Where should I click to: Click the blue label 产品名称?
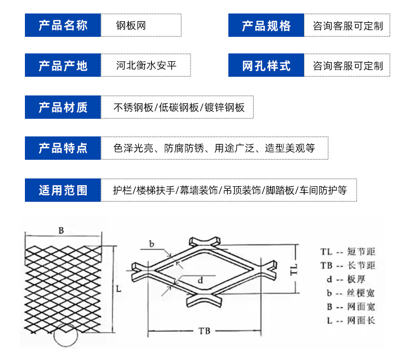point(63,25)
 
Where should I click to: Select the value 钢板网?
point(131,25)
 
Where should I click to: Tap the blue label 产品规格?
point(266,25)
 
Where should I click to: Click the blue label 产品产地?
point(63,66)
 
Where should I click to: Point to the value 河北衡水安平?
point(147,66)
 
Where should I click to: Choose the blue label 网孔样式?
point(266,66)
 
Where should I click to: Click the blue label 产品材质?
point(63,107)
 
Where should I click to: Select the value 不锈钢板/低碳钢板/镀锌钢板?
point(179,107)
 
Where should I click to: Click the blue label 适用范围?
point(63,190)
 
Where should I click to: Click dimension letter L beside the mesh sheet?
point(118,288)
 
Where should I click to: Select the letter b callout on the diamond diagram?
point(152,243)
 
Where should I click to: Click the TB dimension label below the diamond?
point(204,331)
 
